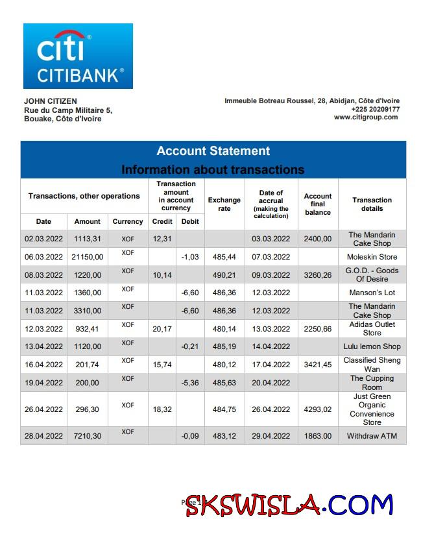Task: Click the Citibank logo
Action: pos(78,56)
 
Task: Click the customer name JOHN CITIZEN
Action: pos(50,101)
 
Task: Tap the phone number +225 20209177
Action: pos(376,109)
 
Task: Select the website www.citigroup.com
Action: pos(366,117)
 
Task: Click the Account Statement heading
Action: pos(213,151)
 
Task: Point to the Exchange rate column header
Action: pos(224,204)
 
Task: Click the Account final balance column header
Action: pos(318,204)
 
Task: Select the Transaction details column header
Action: pos(372,204)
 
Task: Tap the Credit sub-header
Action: pos(162,221)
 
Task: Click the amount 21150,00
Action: pos(88,257)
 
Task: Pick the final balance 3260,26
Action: pos(318,274)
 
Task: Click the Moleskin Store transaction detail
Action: pos(372,257)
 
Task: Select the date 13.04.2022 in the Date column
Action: pos(43,346)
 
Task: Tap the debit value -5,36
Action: pos(190,382)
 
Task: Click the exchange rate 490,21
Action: pos(224,274)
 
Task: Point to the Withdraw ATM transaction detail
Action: pos(372,436)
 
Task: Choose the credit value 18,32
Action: pos(162,409)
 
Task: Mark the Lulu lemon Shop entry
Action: pos(372,346)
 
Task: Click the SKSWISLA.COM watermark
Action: pos(289,504)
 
